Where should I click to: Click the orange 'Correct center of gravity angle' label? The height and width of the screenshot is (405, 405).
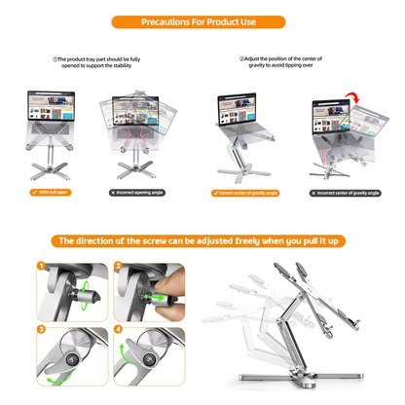point(245,192)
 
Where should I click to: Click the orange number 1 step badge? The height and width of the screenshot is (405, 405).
point(41,266)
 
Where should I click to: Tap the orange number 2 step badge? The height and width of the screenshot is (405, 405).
point(118,266)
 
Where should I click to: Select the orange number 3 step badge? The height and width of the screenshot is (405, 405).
point(41,329)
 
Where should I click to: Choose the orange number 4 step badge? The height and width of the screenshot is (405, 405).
point(118,329)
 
